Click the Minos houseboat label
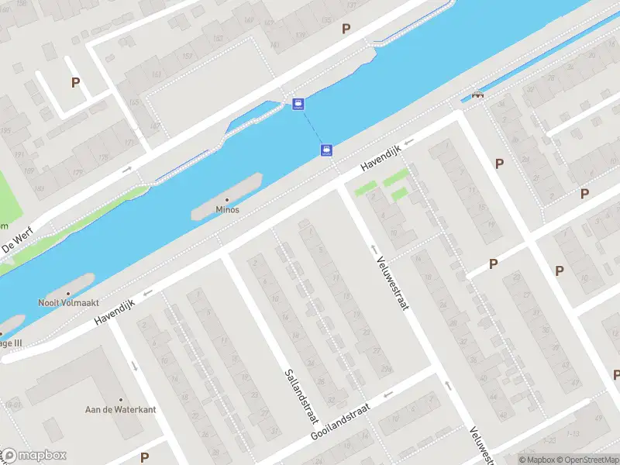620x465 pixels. click(x=227, y=210)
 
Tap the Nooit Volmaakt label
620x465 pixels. click(x=67, y=303)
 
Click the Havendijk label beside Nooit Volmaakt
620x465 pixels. click(x=115, y=313)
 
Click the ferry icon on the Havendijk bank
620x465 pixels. click(x=326, y=150)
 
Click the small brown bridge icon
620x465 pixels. click(x=477, y=95)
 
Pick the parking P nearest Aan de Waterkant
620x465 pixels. click(x=144, y=457)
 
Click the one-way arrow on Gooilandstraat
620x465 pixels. click(x=388, y=394)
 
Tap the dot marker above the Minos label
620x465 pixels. click(x=227, y=200)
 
